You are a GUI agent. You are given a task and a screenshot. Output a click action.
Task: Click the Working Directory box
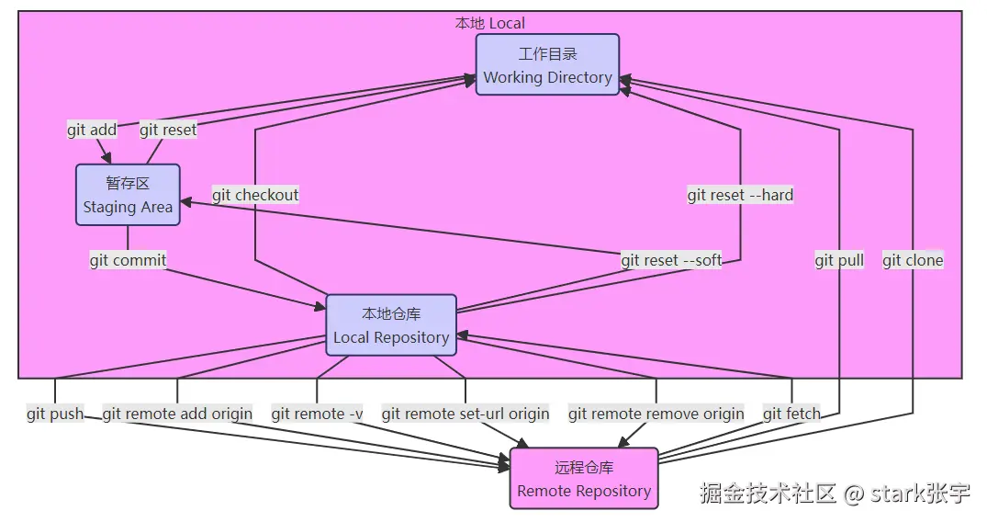(x=547, y=65)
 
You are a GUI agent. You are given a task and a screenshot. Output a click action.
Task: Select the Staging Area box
(x=128, y=195)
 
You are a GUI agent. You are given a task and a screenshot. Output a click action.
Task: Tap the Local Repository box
(x=391, y=325)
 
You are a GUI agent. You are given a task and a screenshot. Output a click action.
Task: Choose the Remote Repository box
(x=584, y=479)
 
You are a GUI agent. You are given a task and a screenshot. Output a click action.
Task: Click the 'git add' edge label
(x=92, y=130)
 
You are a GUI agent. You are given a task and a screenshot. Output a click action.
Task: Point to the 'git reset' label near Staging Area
(x=168, y=130)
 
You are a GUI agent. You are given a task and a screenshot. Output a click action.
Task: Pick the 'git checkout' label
(x=255, y=195)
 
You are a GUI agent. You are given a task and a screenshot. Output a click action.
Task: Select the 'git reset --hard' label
(x=740, y=195)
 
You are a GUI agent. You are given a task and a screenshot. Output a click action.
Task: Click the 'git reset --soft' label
(x=671, y=260)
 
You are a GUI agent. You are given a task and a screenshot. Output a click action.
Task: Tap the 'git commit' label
(x=128, y=260)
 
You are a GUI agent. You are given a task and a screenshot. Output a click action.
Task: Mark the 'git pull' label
(x=839, y=260)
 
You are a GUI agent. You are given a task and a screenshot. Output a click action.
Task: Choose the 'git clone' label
(x=913, y=260)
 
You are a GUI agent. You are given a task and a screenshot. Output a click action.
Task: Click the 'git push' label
(x=55, y=414)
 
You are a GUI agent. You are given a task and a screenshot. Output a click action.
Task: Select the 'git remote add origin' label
(x=177, y=414)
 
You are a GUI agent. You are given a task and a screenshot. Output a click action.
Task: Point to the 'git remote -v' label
(x=317, y=414)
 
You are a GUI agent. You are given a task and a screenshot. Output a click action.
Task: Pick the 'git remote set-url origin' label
(x=465, y=414)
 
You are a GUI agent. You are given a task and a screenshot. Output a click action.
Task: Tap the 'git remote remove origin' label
(x=656, y=414)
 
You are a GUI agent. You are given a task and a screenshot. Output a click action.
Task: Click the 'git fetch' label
(x=791, y=414)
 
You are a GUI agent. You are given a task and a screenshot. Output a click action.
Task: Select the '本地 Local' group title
(x=490, y=23)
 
